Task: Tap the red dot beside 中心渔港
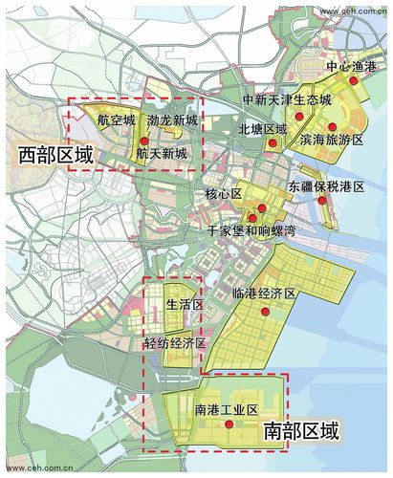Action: click(353, 82)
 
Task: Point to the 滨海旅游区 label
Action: click(332, 140)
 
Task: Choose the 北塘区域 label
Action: click(262, 127)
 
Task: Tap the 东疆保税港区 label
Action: click(326, 189)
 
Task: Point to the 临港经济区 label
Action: click(264, 293)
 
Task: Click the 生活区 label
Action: click(185, 305)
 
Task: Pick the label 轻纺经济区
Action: click(175, 342)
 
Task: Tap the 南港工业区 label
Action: click(227, 410)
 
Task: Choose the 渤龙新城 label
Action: click(172, 120)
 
